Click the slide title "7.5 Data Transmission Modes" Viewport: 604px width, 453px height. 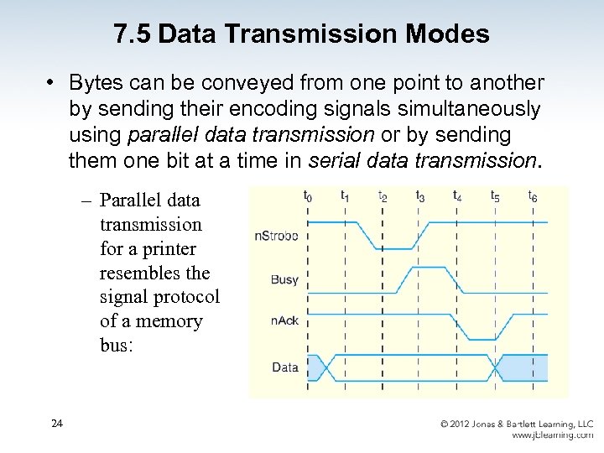point(302,34)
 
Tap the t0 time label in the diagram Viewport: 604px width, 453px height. point(308,195)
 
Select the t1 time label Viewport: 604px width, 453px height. point(345,195)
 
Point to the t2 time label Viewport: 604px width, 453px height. point(383,195)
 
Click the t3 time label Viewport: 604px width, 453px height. point(420,195)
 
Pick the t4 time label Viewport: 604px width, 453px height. point(457,195)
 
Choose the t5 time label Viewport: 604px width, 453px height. point(495,195)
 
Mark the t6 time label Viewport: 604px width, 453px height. point(533,195)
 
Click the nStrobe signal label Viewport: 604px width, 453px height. point(276,236)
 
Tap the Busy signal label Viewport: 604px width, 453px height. point(284,279)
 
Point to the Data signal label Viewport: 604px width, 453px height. point(284,367)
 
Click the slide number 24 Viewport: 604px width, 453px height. point(56,424)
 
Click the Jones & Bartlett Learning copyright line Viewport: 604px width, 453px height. point(517,424)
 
